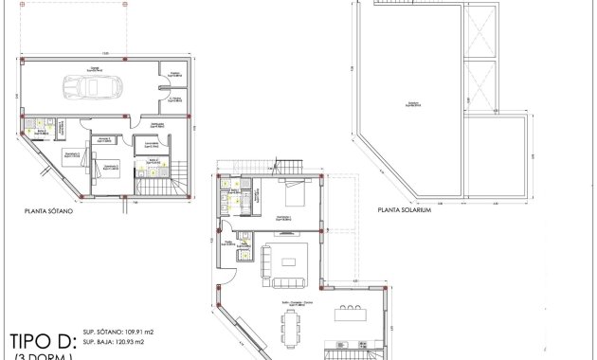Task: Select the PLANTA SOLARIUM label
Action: (x=405, y=211)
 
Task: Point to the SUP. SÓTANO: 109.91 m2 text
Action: (x=118, y=333)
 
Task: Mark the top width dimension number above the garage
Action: (x=106, y=53)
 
